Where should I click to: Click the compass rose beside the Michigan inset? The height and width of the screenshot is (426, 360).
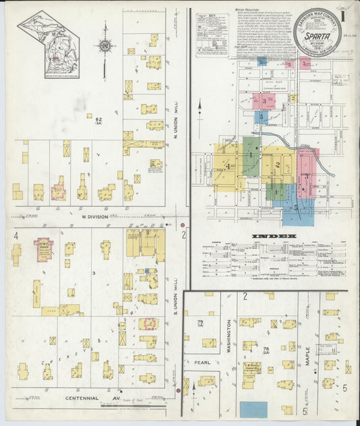[104, 46]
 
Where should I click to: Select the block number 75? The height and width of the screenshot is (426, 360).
[199, 321]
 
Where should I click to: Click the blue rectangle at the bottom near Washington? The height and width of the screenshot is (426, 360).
[253, 409]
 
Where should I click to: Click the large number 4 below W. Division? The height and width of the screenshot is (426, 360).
[15, 235]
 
